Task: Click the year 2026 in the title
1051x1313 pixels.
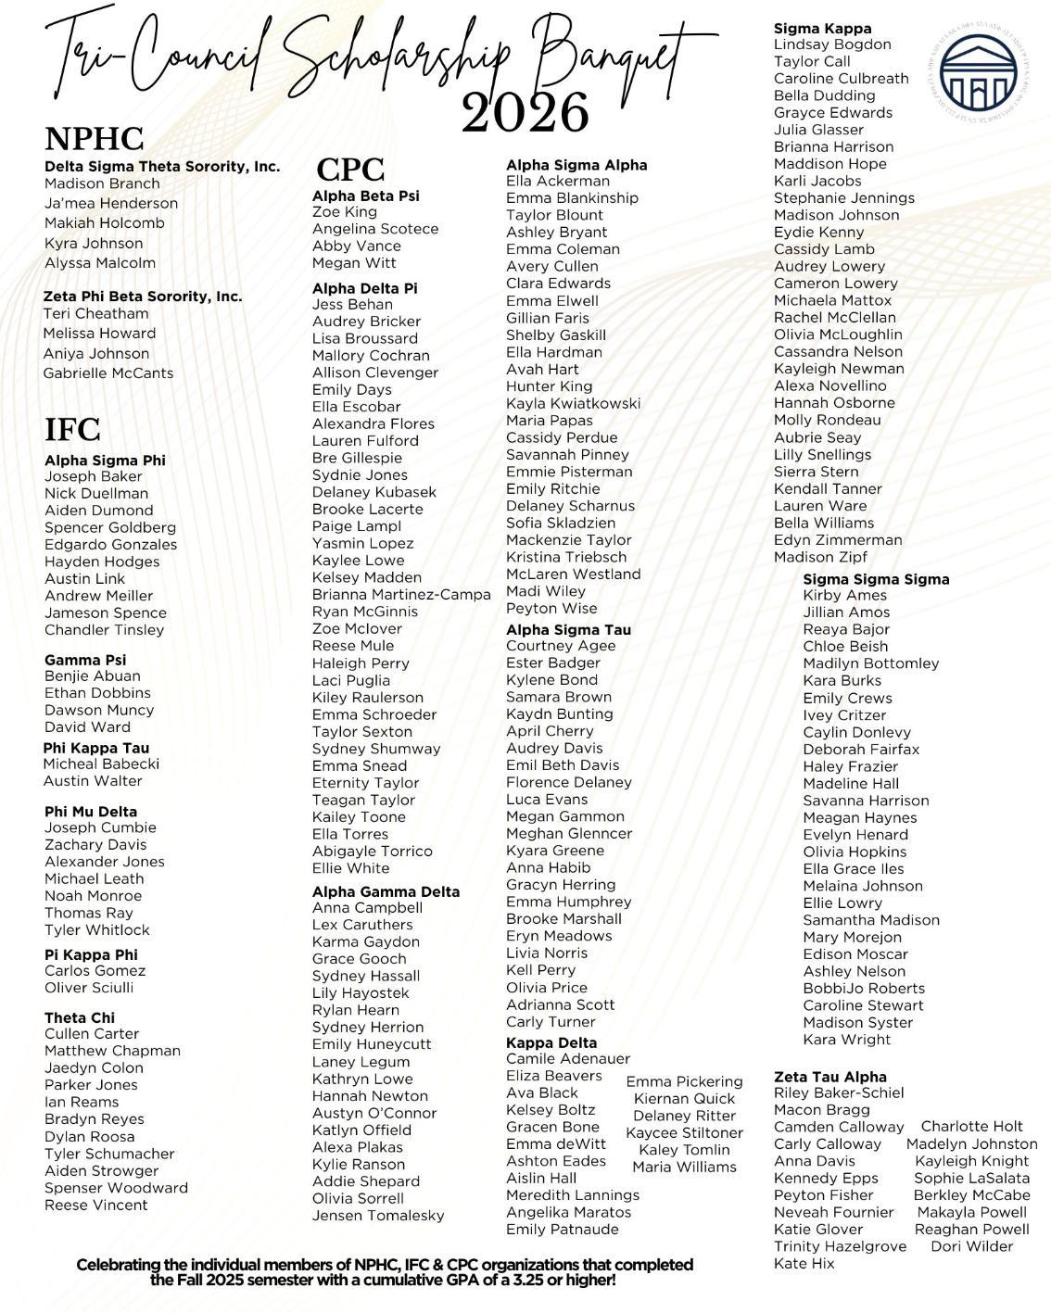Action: click(525, 113)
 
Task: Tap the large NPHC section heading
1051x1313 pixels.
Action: click(95, 139)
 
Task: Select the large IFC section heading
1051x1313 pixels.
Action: click(72, 430)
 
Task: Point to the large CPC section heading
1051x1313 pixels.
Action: click(349, 170)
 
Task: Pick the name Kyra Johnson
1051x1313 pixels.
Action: click(94, 243)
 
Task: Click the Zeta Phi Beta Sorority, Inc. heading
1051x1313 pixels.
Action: click(143, 297)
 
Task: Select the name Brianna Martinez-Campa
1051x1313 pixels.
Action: click(401, 595)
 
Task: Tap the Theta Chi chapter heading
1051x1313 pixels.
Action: click(80, 1017)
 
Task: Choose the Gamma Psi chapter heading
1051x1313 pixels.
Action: click(85, 660)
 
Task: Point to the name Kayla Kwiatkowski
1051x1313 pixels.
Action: click(573, 403)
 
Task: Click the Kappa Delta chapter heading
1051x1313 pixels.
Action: click(551, 1042)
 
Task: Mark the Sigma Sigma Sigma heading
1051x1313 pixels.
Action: click(876, 579)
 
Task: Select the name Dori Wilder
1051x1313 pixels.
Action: click(971, 1246)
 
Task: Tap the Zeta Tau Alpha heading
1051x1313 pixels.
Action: click(829, 1077)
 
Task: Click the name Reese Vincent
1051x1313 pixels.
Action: click(95, 1205)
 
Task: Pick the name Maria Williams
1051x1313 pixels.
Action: click(684, 1167)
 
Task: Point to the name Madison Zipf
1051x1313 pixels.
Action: click(820, 557)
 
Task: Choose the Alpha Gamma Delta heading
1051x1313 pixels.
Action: click(386, 891)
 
